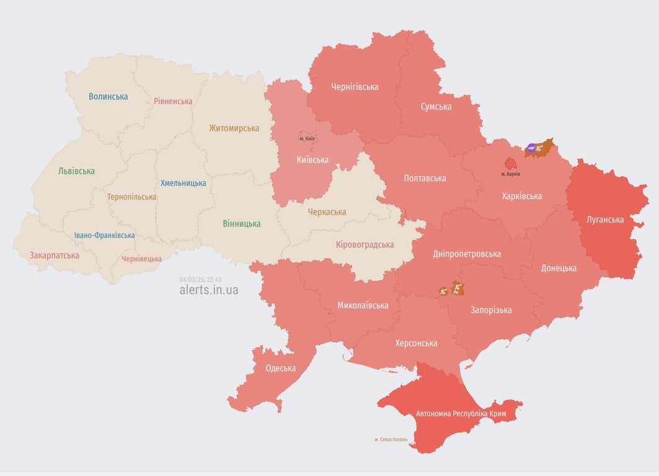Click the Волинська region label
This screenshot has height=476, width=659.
[x=108, y=96]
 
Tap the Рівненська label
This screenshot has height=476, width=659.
[x=173, y=101]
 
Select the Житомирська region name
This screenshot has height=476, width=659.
[x=234, y=128]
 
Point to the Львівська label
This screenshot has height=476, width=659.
[x=76, y=171]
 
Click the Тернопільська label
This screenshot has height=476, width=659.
[x=131, y=196]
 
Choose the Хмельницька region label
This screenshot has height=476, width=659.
[x=183, y=183]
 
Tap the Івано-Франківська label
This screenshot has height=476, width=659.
[x=104, y=236]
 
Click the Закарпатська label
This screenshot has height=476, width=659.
[x=55, y=255]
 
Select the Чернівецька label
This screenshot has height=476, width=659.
[x=141, y=258]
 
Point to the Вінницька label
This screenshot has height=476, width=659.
[x=242, y=224]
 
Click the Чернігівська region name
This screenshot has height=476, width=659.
[x=354, y=87]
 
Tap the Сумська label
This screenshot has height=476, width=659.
[x=436, y=107]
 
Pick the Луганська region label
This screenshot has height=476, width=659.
[x=605, y=219]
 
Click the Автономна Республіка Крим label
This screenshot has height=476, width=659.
[x=461, y=413]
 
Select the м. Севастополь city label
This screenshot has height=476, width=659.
[x=391, y=439]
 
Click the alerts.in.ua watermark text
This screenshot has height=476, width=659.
[x=208, y=289]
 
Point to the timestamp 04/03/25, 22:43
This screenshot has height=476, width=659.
[x=200, y=280]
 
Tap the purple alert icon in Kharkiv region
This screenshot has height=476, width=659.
[x=531, y=148]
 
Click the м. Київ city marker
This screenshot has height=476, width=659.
[x=307, y=138]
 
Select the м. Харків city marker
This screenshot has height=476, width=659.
[x=511, y=165]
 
